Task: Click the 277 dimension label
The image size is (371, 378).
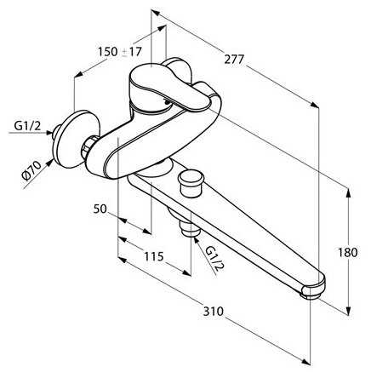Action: (234, 60)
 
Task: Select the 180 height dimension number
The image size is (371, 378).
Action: (348, 252)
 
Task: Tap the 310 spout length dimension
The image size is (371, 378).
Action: (214, 312)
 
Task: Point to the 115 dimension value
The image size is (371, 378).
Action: (154, 256)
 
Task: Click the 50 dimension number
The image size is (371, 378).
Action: (100, 209)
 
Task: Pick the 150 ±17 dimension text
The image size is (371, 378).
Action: (119, 52)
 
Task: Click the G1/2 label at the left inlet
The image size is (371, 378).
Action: (27, 126)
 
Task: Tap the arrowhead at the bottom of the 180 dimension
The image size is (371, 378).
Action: (349, 310)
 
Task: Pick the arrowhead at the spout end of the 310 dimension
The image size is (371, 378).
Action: (305, 361)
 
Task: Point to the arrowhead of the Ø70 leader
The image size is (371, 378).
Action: (50, 162)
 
